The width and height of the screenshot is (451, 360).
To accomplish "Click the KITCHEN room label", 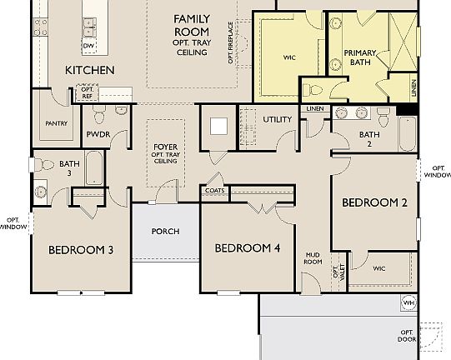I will pyautogui.click(x=90, y=70).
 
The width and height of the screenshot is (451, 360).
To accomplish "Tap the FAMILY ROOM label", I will pyautogui.click(x=192, y=24).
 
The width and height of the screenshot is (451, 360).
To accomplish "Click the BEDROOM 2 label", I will pyautogui.click(x=374, y=202).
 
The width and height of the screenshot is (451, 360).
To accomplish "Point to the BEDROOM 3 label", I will pyautogui.click(x=80, y=249).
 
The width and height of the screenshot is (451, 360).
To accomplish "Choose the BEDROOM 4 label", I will pyautogui.click(x=247, y=248).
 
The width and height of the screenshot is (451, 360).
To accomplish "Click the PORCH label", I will pyautogui.click(x=165, y=231).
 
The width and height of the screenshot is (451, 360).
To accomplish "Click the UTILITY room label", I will pyautogui.click(x=278, y=119).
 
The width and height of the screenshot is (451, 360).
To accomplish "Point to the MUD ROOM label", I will pyautogui.click(x=313, y=257).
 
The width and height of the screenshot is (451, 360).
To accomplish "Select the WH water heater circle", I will pyautogui.click(x=408, y=302).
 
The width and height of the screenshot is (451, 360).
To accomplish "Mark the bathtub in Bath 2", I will pyautogui.click(x=406, y=133).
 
